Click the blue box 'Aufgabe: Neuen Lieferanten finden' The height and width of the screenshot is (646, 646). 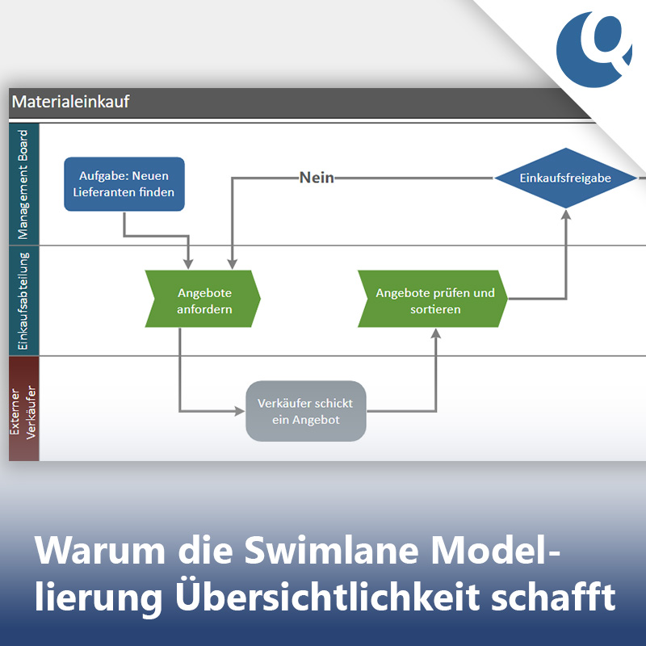[124, 184]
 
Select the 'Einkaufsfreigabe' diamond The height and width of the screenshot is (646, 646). [565, 178]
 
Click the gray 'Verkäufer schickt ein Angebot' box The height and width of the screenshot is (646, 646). [306, 411]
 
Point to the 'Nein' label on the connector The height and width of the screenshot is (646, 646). [317, 178]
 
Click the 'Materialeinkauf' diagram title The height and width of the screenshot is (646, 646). [70, 102]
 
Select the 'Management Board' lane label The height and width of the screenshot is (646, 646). [23, 184]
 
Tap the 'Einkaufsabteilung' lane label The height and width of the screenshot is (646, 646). [23, 300]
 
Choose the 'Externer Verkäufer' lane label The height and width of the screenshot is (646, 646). [23, 409]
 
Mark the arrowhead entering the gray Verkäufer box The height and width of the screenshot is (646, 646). [240, 411]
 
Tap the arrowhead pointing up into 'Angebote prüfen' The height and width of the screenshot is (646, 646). [436, 333]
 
